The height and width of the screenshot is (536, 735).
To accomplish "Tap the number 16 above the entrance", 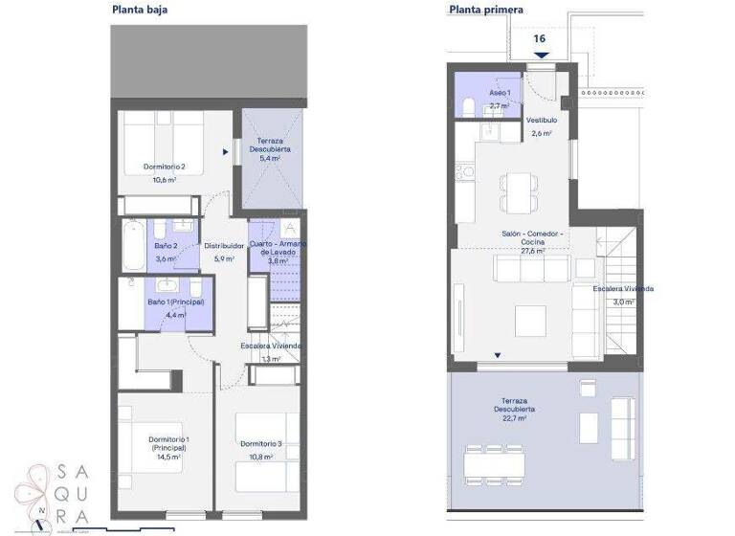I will coord(540,38).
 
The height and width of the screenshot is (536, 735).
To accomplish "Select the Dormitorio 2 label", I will coord(165,167).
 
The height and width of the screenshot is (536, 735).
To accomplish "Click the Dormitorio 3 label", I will coord(260,443).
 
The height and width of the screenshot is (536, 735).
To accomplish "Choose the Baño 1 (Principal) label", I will coord(175,302).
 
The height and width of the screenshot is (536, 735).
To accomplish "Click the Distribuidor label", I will coord(223,246).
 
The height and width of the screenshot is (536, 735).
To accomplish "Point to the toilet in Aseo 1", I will coord(467,104).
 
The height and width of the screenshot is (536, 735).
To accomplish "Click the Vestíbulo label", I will coord(542,121).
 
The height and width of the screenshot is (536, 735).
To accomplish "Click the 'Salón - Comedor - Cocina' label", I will coord(533,237).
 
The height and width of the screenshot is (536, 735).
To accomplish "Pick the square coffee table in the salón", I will coord(529,321).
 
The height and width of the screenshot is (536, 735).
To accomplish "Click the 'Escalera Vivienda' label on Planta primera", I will coord(623,288).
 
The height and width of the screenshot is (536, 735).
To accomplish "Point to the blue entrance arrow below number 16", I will coord(542,55).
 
